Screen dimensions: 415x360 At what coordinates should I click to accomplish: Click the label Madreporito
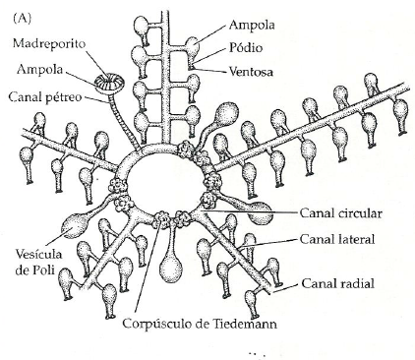point(49,44)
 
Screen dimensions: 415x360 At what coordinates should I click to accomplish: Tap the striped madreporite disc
point(109,83)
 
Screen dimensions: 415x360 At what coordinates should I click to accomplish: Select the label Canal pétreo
point(45,97)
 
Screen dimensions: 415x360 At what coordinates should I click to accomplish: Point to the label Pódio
point(246,48)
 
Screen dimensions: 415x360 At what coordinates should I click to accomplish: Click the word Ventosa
point(251,72)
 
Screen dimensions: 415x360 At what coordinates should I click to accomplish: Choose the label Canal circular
point(341,213)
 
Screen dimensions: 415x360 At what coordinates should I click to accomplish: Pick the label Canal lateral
point(337,239)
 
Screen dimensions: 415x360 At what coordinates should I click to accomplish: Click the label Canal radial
point(337,283)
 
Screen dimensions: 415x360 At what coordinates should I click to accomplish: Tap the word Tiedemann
point(245,324)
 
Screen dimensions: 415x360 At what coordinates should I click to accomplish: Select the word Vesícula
point(38,254)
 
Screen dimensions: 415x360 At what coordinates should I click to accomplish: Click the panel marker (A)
point(22,19)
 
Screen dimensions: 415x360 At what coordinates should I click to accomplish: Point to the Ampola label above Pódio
point(252,26)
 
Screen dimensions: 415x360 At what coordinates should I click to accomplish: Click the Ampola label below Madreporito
point(39,70)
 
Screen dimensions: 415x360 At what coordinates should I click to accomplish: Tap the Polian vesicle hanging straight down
point(171,268)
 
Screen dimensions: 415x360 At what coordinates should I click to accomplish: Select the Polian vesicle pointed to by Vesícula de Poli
point(75,226)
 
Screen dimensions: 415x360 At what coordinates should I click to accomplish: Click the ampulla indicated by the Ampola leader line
point(193,47)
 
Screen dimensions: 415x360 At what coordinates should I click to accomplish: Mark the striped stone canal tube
point(124,121)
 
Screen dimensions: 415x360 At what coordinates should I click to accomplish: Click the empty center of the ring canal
point(164,181)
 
